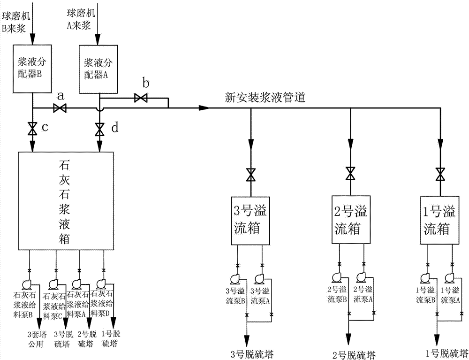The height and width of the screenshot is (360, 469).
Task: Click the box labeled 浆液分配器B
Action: click(x=32, y=68)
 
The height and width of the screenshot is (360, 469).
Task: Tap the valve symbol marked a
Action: click(x=60, y=108)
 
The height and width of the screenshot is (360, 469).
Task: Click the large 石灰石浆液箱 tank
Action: click(x=65, y=200)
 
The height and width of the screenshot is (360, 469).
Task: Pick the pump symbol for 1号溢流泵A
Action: click(x=453, y=278)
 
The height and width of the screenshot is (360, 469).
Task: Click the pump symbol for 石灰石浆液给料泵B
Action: click(x=26, y=284)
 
